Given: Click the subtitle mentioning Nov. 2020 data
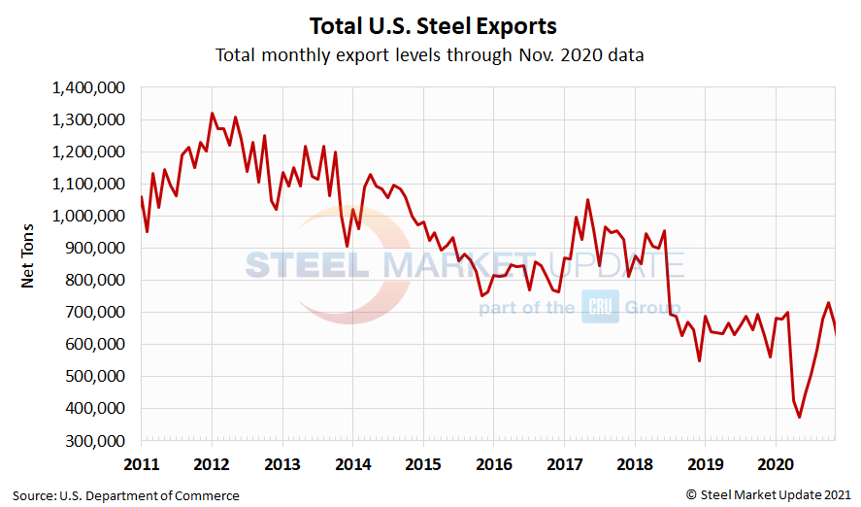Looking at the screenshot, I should click(x=430, y=55).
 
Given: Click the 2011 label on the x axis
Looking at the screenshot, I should click(x=142, y=463).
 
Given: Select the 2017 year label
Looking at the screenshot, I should click(x=565, y=463).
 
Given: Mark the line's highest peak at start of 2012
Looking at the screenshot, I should click(x=213, y=114).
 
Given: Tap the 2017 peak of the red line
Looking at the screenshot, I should click(x=587, y=200).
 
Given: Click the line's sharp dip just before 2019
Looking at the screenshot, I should click(x=699, y=360).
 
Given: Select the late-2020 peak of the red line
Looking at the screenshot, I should click(x=828, y=303).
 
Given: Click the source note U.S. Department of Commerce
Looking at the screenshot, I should click(x=126, y=495).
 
